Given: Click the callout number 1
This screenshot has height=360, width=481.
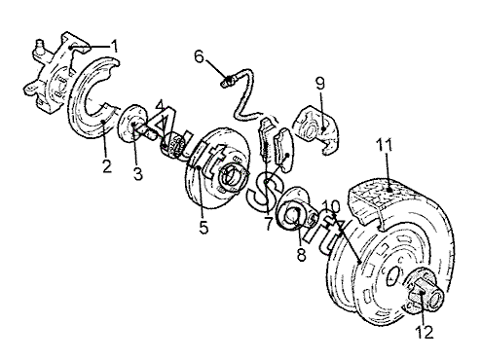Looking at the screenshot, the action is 114,46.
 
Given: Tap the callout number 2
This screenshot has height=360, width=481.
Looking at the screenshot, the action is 106,166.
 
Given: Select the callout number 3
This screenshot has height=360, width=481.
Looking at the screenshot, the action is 138,173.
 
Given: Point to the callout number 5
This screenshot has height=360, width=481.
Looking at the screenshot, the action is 203,227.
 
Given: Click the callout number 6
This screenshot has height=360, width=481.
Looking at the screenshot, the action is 199,57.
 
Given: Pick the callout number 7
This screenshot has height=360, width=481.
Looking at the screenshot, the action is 268,224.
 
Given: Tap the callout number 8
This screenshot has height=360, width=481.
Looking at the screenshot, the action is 302,254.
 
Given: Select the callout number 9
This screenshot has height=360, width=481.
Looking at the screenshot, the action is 320,84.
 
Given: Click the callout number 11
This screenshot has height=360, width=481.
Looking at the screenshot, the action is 385,145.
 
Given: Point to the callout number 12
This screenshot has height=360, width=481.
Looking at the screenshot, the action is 425,332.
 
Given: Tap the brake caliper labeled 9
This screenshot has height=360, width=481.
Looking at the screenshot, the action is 316,129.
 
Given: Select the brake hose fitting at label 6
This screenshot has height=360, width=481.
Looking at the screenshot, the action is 228,81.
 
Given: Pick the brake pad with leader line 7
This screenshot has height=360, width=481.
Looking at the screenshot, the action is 283,149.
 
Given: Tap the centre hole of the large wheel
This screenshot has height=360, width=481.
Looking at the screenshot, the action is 393,275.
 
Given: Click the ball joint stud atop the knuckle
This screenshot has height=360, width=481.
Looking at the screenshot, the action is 39,45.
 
